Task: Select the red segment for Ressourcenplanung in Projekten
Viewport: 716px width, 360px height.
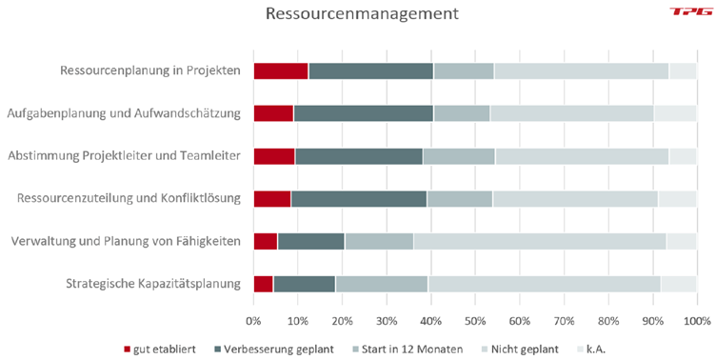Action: pyautogui.click(x=281, y=70)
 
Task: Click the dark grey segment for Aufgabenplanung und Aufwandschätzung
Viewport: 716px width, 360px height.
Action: pyautogui.click(x=363, y=113)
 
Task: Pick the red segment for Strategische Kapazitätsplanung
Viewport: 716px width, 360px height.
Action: pyautogui.click(x=263, y=284)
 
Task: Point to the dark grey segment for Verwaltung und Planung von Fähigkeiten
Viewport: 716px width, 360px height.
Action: pyautogui.click(x=310, y=241)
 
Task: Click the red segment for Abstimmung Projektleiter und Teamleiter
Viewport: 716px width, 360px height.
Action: pyautogui.click(x=274, y=156)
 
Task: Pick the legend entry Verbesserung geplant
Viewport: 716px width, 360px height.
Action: pyautogui.click(x=282, y=350)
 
